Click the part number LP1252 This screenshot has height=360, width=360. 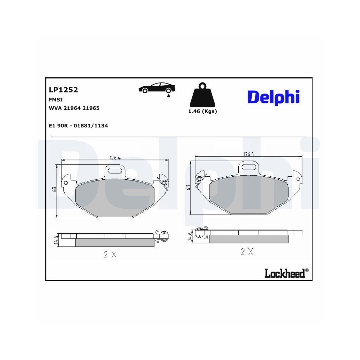[x=63, y=90]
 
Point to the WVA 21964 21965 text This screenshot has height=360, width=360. [x=74, y=108]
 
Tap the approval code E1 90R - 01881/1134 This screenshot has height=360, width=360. [x=78, y=126]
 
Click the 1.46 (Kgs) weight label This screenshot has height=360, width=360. [x=202, y=112]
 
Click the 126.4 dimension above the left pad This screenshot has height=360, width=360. [x=114, y=157]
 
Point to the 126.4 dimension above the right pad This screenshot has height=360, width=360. [x=249, y=154]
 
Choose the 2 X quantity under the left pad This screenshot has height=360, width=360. [x=110, y=255]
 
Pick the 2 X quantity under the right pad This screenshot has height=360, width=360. [x=247, y=252]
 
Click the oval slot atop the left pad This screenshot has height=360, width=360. [x=115, y=170]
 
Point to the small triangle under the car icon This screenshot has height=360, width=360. [x=168, y=96]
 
